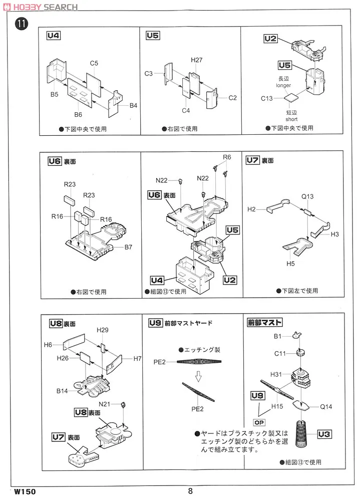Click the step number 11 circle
click(21, 23)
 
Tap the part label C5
click(94, 63)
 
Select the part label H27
click(196, 60)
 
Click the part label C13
click(267, 98)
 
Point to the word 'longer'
click(284, 85)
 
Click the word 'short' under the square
click(291, 119)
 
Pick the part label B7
click(128, 247)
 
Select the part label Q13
click(307, 196)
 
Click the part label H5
click(290, 263)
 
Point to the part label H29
click(103, 330)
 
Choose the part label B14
click(62, 390)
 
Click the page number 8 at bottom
click(190, 491)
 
